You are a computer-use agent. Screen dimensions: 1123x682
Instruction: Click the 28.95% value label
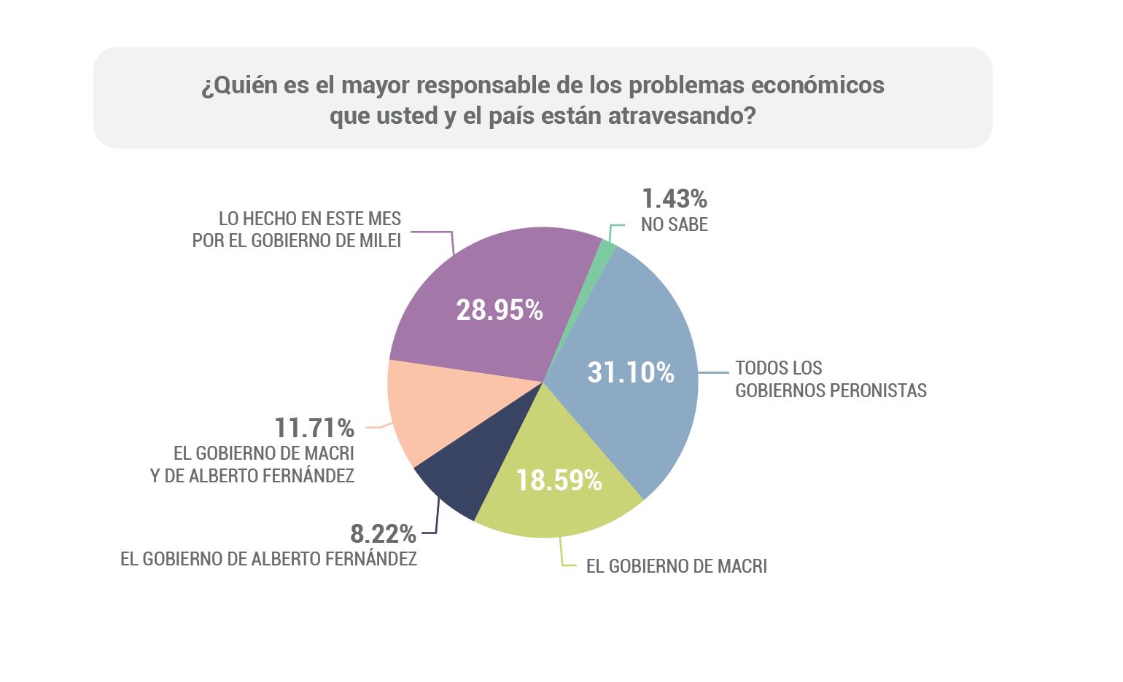tap(500, 310)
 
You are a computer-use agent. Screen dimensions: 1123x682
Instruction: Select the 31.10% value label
tap(631, 373)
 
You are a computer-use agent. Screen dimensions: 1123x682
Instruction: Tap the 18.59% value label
tap(559, 480)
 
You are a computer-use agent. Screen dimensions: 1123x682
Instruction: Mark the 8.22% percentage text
tap(383, 533)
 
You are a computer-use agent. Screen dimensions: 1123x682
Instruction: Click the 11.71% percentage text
tap(314, 428)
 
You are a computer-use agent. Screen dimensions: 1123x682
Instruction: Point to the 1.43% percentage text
tap(675, 198)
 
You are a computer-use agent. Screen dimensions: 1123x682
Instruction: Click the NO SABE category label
tap(675, 224)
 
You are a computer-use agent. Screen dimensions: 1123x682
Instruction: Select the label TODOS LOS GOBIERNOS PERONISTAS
tap(831, 380)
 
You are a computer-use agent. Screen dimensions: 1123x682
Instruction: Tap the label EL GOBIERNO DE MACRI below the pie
tap(676, 566)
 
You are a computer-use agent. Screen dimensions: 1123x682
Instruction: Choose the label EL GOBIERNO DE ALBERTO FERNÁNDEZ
tap(268, 559)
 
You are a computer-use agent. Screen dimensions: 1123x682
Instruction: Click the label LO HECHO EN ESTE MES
tap(310, 219)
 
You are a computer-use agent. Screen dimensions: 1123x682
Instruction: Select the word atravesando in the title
tap(682, 117)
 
